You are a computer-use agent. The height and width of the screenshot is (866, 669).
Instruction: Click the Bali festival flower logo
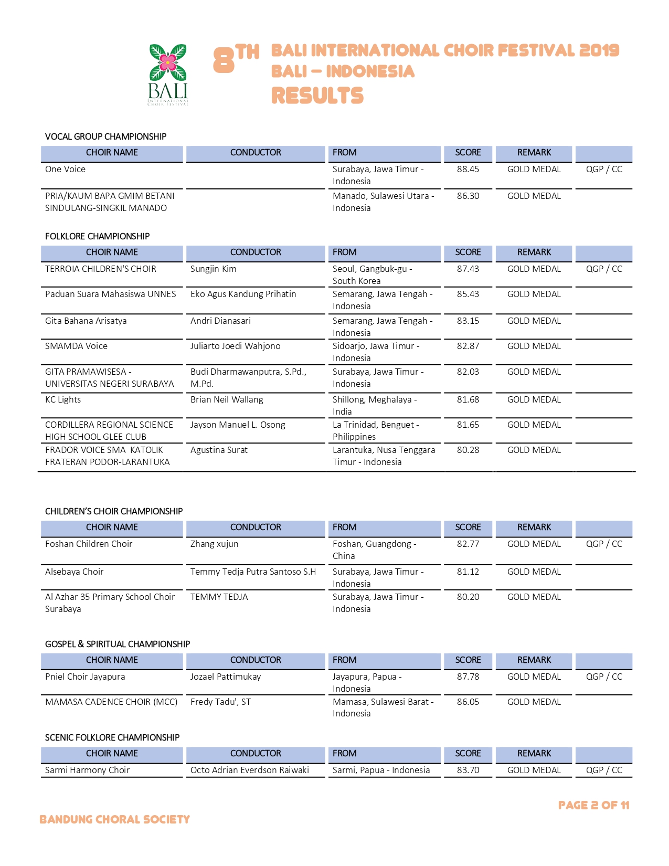pyautogui.click(x=167, y=74)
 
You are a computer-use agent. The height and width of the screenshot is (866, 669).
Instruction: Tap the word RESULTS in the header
pyautogui.click(x=317, y=96)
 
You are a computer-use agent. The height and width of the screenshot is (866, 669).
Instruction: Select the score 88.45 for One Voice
pyautogui.click(x=468, y=169)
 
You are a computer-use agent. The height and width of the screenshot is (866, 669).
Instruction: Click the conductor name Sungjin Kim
pyautogui.click(x=213, y=269)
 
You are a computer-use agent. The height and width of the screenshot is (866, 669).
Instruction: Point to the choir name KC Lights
pyautogui.click(x=63, y=399)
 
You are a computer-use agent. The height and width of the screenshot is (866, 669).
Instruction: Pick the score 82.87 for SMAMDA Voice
pyautogui.click(x=468, y=346)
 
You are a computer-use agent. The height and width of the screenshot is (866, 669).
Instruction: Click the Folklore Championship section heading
pyautogui.click(x=97, y=236)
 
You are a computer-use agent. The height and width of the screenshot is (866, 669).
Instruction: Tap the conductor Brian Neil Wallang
pyautogui.click(x=227, y=399)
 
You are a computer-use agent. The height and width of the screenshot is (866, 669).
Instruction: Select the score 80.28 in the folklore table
pyautogui.click(x=468, y=450)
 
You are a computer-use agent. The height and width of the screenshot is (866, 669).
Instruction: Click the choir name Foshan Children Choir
pyautogui.click(x=89, y=544)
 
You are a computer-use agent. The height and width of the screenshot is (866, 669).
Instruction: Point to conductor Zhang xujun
pyautogui.click(x=214, y=544)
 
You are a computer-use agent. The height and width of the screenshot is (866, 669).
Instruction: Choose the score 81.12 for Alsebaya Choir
pyautogui.click(x=468, y=572)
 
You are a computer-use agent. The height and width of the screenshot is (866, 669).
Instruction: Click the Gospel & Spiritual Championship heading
pyautogui.click(x=118, y=644)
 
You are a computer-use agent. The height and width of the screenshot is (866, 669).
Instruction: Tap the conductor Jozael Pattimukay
pyautogui.click(x=226, y=677)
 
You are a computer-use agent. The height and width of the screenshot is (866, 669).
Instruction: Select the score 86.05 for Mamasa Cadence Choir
pyautogui.click(x=468, y=702)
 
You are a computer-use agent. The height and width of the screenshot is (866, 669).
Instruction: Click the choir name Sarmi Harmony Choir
pyautogui.click(x=87, y=770)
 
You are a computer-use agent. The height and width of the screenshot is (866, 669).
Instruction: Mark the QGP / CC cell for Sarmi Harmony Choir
pyautogui.click(x=604, y=770)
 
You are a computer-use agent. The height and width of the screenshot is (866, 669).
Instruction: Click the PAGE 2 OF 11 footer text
pyautogui.click(x=593, y=805)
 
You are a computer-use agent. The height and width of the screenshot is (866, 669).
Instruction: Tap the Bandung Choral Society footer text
pyautogui.click(x=114, y=819)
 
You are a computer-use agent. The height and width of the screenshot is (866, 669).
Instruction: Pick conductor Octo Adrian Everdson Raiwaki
pyautogui.click(x=250, y=770)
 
